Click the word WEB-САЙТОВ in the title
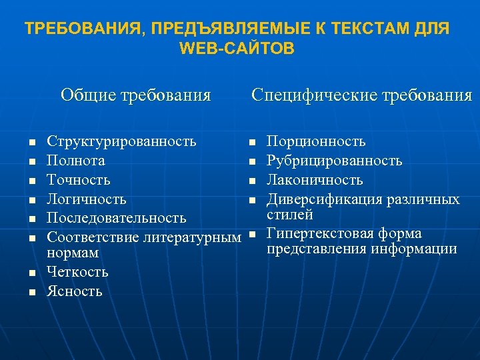[x=237, y=49]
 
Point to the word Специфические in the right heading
[x=313, y=95]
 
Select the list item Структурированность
[x=121, y=141]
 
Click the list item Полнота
[x=75, y=161]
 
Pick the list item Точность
[x=79, y=180]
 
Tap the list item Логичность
[x=86, y=199]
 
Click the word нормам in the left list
[x=73, y=253]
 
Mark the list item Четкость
[x=77, y=272]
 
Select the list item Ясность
[x=75, y=291]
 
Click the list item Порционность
[x=316, y=141]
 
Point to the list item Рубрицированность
[x=334, y=161]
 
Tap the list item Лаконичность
[x=315, y=180]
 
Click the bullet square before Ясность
[x=31, y=292]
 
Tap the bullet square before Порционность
[x=252, y=142]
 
